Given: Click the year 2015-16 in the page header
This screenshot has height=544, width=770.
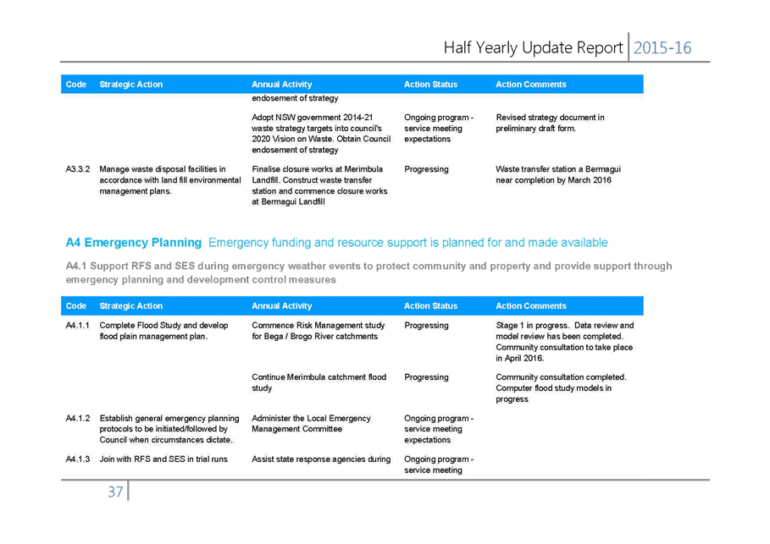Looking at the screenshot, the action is click(x=662, y=48).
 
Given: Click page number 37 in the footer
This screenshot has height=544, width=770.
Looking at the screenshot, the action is click(x=115, y=492).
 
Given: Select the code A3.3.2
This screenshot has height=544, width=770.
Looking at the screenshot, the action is click(x=78, y=169).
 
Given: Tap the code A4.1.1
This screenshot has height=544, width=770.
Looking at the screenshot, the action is click(x=78, y=325).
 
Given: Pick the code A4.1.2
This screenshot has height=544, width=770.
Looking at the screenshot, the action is click(x=78, y=419).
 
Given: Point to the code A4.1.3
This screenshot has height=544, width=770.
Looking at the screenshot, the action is click(x=78, y=459).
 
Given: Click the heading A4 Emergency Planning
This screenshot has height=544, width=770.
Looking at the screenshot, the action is click(x=134, y=243).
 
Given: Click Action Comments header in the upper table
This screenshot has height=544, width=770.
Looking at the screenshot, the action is click(x=531, y=85).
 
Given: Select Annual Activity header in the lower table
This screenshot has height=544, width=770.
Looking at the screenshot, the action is click(x=282, y=306).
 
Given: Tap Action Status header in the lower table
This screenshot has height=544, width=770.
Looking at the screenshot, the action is click(x=430, y=306).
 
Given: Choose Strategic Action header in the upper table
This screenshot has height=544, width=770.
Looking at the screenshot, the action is click(x=131, y=85).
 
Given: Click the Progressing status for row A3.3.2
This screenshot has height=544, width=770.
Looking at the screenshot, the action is click(x=426, y=169).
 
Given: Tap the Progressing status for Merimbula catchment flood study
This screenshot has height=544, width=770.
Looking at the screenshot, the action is click(x=426, y=377).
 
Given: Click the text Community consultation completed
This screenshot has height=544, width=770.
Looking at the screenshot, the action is click(x=562, y=377).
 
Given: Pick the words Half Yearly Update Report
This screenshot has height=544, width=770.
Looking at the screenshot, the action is click(x=534, y=48).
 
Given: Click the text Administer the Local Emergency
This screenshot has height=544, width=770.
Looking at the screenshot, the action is click(x=312, y=419).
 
